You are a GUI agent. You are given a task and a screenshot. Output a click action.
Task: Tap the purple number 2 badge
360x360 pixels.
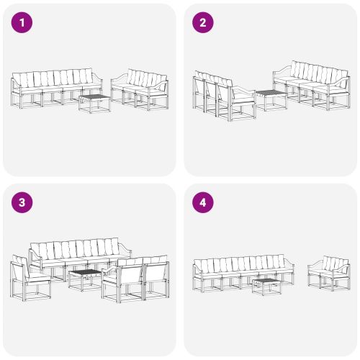pos(202,22)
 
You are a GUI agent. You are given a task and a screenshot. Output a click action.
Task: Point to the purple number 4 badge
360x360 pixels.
pos(202,202)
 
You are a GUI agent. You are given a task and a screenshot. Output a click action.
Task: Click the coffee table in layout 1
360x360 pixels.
pos(94,103)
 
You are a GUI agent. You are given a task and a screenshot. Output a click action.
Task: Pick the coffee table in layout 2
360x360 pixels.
pos(269,99)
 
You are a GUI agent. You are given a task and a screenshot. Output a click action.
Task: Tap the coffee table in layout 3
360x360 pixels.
pos(85,277)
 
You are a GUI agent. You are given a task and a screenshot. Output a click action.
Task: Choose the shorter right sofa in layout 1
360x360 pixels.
pos(140,88)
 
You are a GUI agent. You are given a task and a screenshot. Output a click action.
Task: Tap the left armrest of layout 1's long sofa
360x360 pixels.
pos(15,85)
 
